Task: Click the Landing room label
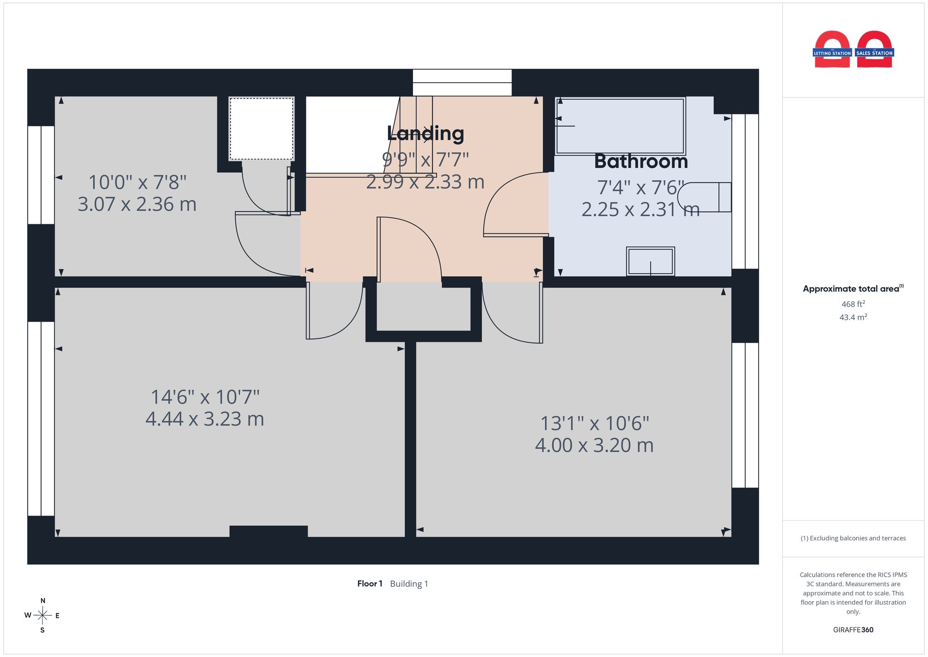(x=425, y=134)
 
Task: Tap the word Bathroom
(x=641, y=162)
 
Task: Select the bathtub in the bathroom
(x=620, y=126)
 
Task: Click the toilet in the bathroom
(x=704, y=197)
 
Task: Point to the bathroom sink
(x=650, y=261)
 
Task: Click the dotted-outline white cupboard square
(x=261, y=129)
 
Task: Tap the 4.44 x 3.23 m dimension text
(x=205, y=419)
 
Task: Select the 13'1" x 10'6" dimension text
(x=594, y=423)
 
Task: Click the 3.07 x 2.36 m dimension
(x=137, y=204)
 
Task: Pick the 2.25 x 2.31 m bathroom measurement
(x=640, y=209)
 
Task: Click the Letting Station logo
(x=832, y=50)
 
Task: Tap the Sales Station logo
(x=875, y=50)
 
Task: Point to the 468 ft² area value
(x=853, y=304)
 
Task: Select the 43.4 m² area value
(x=853, y=317)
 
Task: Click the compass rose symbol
(x=42, y=616)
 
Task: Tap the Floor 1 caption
(x=370, y=584)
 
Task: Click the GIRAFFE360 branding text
(x=853, y=630)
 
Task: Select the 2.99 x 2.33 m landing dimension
(x=425, y=182)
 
